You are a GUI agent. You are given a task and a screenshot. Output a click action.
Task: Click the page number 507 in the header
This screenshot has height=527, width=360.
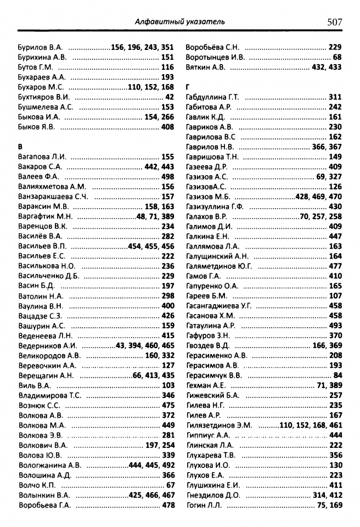coord(334,22)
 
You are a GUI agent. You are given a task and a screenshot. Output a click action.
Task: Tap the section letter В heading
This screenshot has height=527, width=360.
coord(21,147)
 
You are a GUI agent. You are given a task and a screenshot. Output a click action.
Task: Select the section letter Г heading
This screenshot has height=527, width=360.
coord(188,87)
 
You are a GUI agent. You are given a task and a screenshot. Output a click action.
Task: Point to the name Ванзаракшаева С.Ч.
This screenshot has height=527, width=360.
coord(53,197)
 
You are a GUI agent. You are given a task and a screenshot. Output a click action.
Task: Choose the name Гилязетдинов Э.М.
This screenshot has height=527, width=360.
coord(219,425)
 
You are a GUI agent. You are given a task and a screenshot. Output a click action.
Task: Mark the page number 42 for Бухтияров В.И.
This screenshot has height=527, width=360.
coord(170,97)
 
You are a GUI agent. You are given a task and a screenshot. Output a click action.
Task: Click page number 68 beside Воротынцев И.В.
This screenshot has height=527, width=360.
coord(337,57)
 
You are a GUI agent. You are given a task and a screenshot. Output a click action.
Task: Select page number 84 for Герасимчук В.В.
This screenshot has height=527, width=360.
coord(337,375)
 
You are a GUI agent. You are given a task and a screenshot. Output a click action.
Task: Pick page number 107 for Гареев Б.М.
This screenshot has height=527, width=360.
coord(335,296)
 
